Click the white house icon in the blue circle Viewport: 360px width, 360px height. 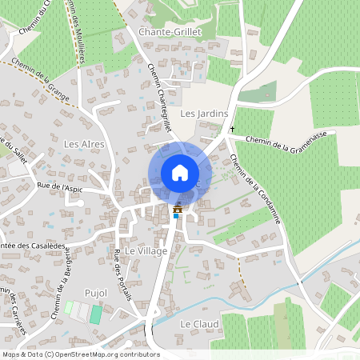[180, 173]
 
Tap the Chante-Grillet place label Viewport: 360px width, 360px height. [169, 31]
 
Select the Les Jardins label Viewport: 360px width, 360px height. [200, 114]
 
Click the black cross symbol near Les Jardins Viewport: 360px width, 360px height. [233, 129]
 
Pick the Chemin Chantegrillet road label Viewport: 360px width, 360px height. [160, 98]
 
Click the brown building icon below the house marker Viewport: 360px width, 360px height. [177, 210]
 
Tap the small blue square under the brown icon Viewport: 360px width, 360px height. [177, 215]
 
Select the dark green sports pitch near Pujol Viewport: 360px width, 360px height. [95, 314]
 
